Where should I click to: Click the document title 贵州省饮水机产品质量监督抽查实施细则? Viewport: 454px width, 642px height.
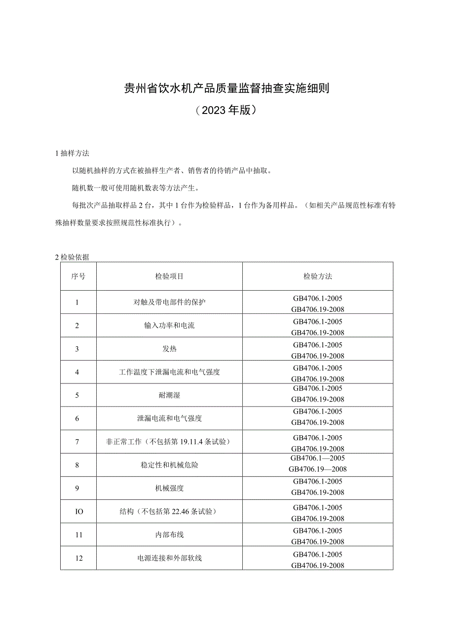[x=227, y=89]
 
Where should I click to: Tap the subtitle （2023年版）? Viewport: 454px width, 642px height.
[x=227, y=110]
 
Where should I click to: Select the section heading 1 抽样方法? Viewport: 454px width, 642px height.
[x=73, y=153]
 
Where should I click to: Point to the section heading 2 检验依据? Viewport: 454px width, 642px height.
[x=72, y=257]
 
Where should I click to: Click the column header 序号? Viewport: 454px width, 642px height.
[x=78, y=276]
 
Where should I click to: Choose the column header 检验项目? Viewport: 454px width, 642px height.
[x=169, y=276]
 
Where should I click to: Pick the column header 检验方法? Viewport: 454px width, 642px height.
[x=318, y=276]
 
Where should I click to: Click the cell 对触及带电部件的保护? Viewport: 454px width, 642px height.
[x=169, y=302]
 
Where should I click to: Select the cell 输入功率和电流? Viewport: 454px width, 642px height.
[x=169, y=326]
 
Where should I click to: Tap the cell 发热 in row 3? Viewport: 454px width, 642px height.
[x=169, y=349]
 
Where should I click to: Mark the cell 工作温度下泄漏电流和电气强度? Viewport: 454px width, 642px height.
[x=169, y=372]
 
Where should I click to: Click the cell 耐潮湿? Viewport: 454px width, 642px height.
[x=169, y=395]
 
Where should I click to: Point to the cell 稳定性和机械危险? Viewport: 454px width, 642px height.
[x=169, y=465]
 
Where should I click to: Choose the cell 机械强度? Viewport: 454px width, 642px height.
[x=169, y=488]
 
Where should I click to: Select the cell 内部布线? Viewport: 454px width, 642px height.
[x=169, y=535]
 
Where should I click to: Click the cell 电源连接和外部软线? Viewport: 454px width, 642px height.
[x=169, y=558]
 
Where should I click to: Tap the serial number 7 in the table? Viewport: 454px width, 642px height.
[x=77, y=442]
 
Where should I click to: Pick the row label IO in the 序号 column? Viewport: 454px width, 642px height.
[x=78, y=512]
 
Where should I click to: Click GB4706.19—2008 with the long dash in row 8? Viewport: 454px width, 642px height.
[x=318, y=469]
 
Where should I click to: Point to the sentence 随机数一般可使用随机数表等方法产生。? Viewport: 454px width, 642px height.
[x=135, y=188]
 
